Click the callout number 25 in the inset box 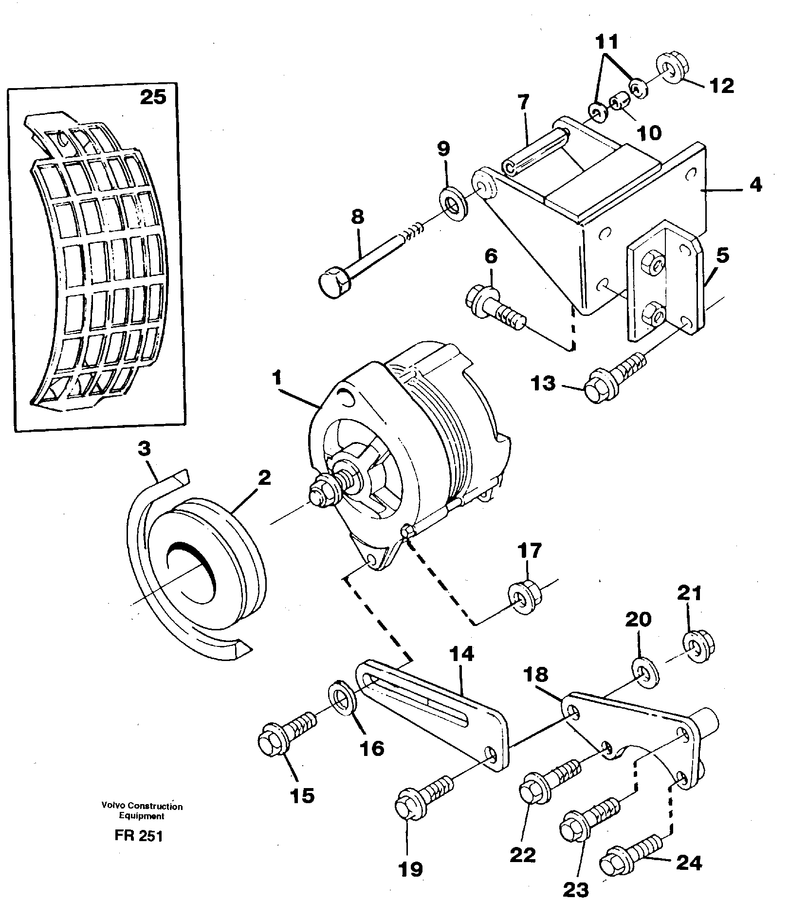153,97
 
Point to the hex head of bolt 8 332,284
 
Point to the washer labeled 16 344,701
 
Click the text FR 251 138,835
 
